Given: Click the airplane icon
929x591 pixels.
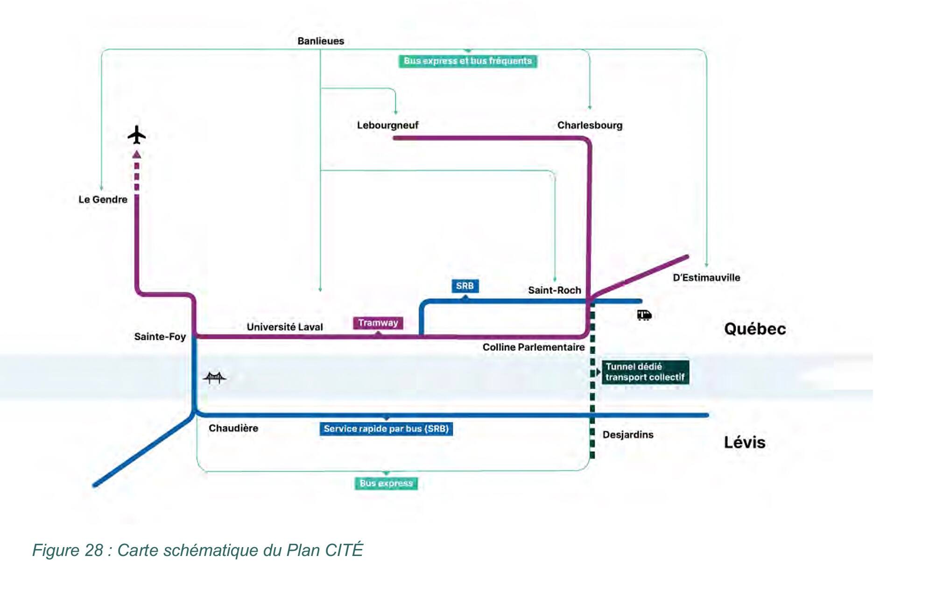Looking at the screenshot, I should pyautogui.click(x=136, y=135).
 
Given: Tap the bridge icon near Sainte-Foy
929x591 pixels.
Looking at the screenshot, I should pyautogui.click(x=214, y=377).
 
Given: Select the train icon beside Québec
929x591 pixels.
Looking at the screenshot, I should pyautogui.click(x=644, y=315).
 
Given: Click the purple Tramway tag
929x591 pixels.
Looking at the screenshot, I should pyautogui.click(x=378, y=323).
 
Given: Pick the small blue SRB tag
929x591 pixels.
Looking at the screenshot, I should pyautogui.click(x=465, y=286).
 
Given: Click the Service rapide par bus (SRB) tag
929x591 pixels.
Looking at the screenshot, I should pyautogui.click(x=386, y=429).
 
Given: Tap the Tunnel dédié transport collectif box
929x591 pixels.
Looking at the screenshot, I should pyautogui.click(x=645, y=372).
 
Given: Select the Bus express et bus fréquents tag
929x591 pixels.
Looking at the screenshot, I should pyautogui.click(x=468, y=61).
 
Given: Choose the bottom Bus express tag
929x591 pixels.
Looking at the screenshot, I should pyautogui.click(x=386, y=483).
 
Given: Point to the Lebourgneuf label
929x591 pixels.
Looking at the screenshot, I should pyautogui.click(x=387, y=125).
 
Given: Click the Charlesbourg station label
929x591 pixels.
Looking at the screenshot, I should pyautogui.click(x=590, y=125).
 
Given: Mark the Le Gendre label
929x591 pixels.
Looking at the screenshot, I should pyautogui.click(x=103, y=199).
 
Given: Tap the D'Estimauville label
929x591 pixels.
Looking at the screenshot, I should pyautogui.click(x=706, y=278).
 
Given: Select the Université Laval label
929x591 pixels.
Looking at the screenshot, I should pyautogui.click(x=285, y=327).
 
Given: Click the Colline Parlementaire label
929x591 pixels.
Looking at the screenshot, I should pyautogui.click(x=534, y=347).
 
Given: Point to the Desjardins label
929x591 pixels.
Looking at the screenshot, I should pyautogui.click(x=628, y=435).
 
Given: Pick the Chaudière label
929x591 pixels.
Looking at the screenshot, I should pyautogui.click(x=233, y=428).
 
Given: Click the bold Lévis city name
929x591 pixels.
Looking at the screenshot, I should pyautogui.click(x=745, y=442).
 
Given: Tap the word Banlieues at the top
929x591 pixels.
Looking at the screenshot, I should pyautogui.click(x=321, y=41).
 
